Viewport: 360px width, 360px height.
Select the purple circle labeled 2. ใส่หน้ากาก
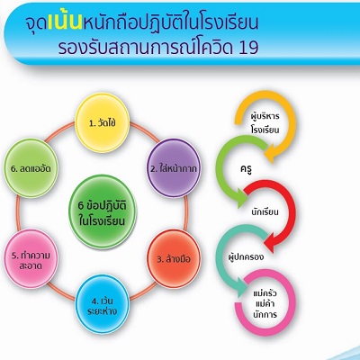point(174,168)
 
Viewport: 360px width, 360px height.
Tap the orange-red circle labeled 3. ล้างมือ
point(174,258)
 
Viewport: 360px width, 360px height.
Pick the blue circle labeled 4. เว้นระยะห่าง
point(103,304)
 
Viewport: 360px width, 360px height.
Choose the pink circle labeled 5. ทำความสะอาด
point(31,259)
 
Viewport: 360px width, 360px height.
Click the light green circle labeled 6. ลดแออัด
point(31,168)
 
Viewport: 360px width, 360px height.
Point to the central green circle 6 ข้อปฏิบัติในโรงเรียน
point(103,212)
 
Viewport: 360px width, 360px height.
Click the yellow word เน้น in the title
point(65,22)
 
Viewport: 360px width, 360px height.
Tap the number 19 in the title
point(248,48)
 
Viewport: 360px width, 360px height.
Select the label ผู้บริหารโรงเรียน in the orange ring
point(265,123)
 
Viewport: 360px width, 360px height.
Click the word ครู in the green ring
point(246,169)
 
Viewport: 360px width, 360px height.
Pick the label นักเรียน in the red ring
point(265,212)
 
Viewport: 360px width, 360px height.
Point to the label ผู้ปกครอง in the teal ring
point(246,257)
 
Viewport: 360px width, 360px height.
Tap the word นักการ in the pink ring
point(265,315)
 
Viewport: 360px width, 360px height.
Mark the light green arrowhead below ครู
point(242,197)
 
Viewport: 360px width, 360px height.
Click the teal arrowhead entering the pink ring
point(242,287)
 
